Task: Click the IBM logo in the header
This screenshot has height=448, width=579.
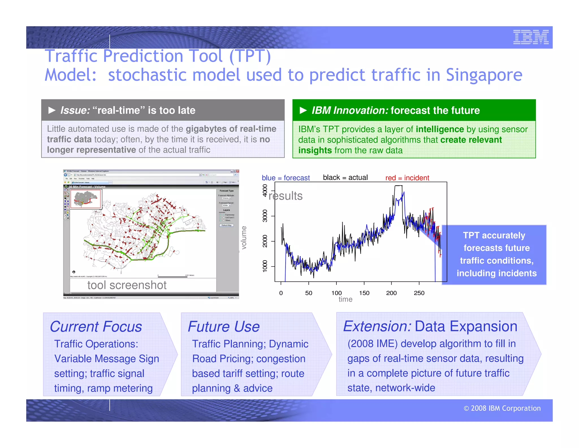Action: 531,37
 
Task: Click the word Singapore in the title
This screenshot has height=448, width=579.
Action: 484,75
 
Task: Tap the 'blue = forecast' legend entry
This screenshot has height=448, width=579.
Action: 286,178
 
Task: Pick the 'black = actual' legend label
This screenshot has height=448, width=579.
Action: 345,178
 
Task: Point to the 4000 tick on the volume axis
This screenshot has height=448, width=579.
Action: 265,190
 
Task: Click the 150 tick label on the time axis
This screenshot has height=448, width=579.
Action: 364,293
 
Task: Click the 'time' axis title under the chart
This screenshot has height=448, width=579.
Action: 345,299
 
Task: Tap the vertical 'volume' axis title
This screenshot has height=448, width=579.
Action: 244,238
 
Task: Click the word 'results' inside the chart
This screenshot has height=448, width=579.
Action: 286,196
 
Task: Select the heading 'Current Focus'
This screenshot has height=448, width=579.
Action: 96,327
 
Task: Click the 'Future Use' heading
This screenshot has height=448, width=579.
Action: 224,327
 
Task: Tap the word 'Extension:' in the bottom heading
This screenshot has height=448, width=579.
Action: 377,326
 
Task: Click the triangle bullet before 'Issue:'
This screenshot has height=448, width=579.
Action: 52,110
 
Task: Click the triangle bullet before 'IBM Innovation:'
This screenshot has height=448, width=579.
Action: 303,110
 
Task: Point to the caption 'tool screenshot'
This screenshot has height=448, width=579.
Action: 127,285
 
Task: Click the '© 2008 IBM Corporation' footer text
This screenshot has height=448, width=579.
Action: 502,408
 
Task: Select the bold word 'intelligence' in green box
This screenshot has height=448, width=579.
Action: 440,129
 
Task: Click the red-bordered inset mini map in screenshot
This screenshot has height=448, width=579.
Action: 86,199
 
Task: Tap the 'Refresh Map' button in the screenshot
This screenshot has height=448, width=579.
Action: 226,225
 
